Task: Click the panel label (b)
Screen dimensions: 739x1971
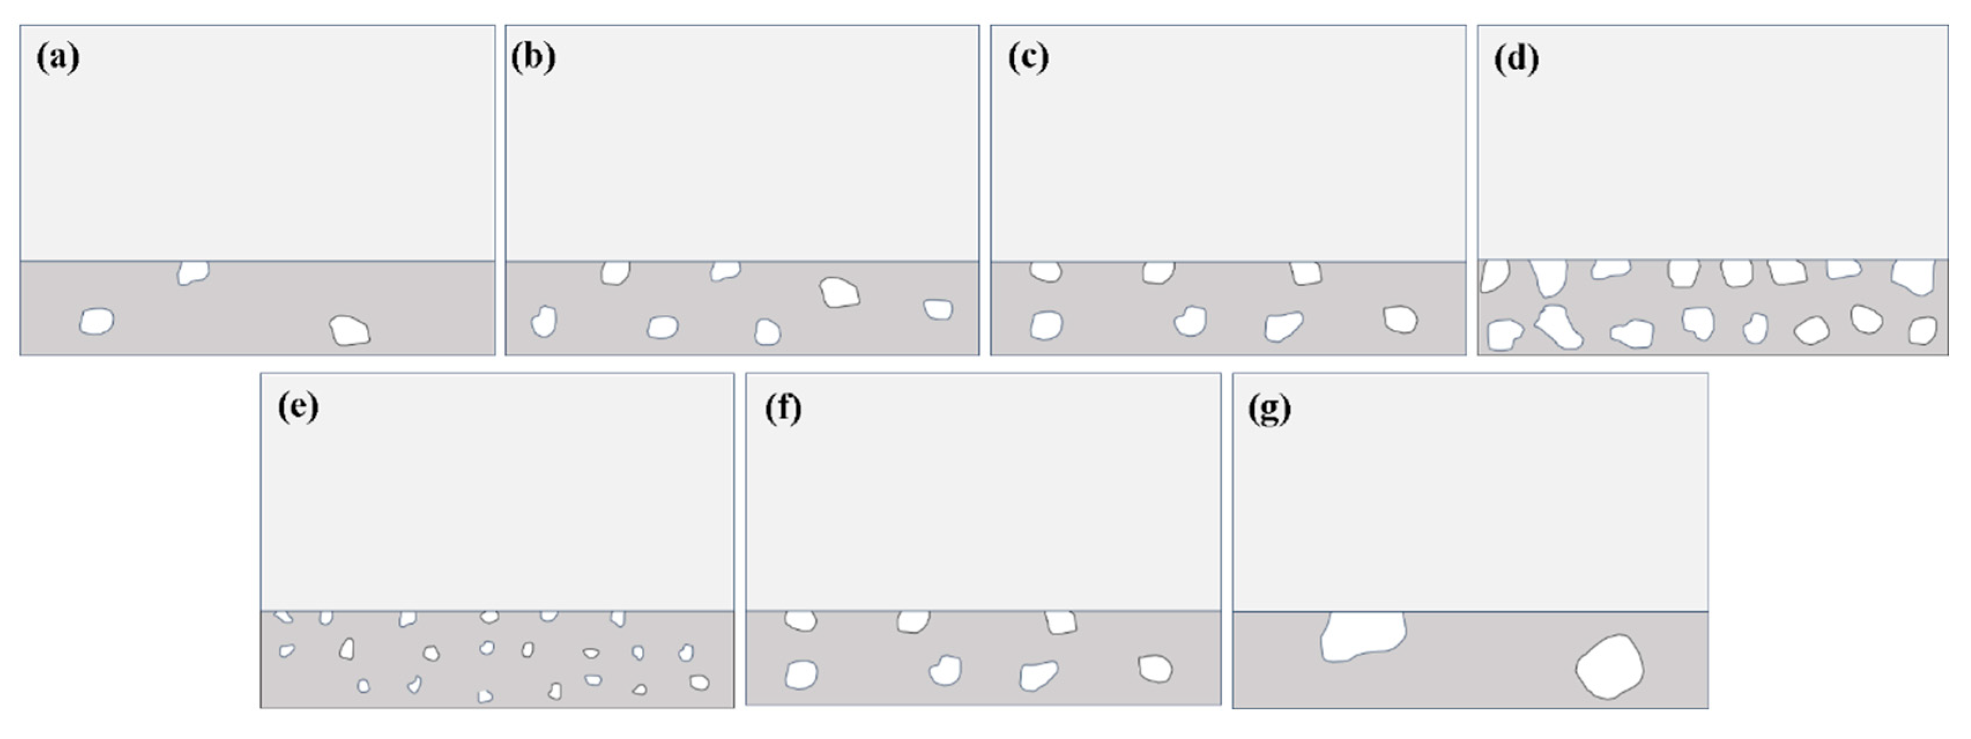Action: click(x=533, y=58)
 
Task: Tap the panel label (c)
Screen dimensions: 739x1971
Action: click(x=1028, y=58)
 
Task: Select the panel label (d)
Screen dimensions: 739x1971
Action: click(x=1516, y=60)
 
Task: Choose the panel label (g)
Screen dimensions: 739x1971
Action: click(x=1269, y=409)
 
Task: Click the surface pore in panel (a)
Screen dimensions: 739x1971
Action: click(x=193, y=272)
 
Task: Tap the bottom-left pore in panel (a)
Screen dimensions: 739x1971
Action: click(x=96, y=321)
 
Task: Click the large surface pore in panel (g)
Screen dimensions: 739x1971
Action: click(x=1363, y=635)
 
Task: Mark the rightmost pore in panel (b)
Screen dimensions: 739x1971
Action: click(x=938, y=309)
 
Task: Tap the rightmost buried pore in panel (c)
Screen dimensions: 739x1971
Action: click(x=1400, y=319)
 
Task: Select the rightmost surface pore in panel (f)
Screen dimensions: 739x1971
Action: click(x=1061, y=622)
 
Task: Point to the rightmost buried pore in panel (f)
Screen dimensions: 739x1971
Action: click(x=1155, y=669)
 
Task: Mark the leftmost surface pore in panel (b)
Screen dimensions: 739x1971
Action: click(x=615, y=272)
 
